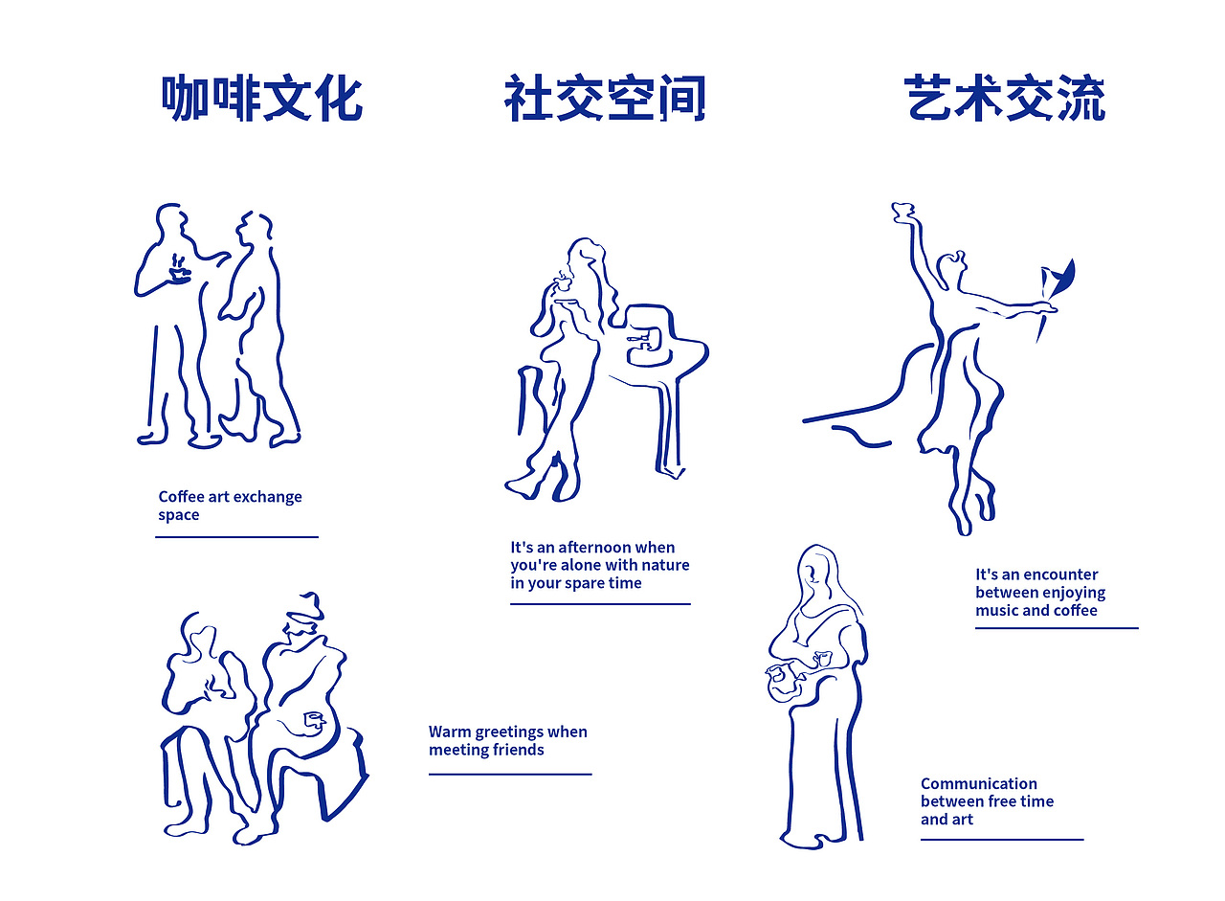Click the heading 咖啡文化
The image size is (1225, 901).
261,99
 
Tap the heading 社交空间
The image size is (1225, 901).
605,99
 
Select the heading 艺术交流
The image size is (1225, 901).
1005,99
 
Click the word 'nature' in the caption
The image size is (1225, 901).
661,565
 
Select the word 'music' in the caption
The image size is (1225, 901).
997,611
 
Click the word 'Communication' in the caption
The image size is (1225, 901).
978,783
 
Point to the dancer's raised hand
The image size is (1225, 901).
902,212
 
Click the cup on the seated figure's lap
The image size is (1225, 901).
314,719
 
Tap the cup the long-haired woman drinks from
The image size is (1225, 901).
562,281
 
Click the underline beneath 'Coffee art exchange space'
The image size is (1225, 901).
236,537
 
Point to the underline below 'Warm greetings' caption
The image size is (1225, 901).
509,774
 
